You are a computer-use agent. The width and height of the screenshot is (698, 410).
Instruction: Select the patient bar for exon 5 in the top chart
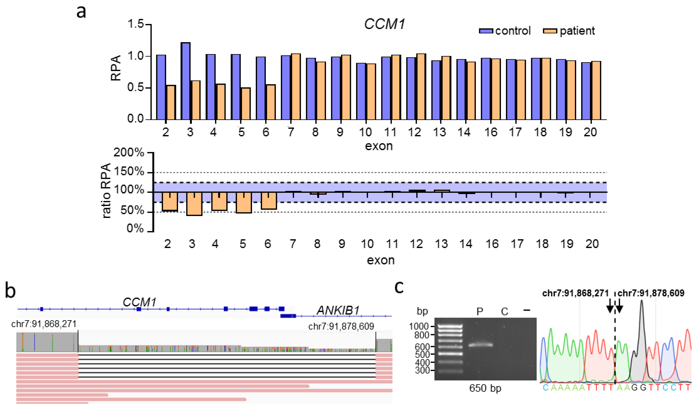pos(245,104)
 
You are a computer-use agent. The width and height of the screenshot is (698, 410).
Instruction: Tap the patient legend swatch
pos(550,31)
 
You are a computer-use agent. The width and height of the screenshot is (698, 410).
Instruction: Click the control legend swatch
pos(486,31)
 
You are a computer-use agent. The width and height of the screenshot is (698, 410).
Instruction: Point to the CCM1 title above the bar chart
pos(384,24)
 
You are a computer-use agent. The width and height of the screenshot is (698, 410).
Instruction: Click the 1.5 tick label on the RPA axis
pos(136,24)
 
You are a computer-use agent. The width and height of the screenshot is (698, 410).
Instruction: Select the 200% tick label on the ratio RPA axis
pos(129,153)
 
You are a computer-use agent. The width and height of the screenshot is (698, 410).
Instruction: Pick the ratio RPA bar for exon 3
pos(194,204)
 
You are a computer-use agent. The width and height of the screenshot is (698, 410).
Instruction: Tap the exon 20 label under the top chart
pos(590,132)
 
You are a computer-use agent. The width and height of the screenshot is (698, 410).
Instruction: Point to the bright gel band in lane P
pos(480,345)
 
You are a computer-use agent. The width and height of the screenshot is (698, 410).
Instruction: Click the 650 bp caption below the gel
pos(485,388)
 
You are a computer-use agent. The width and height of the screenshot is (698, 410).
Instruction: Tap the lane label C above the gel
pos(504,312)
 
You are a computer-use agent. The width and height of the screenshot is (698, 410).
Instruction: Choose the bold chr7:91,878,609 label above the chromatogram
pos(651,293)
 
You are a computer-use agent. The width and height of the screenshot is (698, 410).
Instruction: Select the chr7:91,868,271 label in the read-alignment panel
pos(44,324)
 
